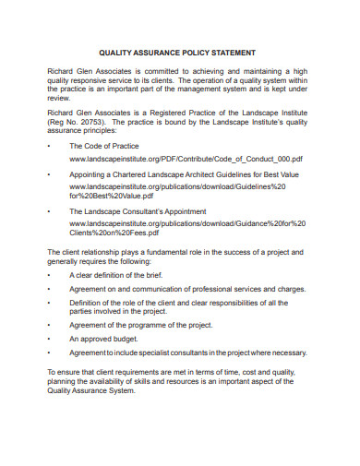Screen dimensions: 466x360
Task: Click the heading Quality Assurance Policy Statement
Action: (x=179, y=53)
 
